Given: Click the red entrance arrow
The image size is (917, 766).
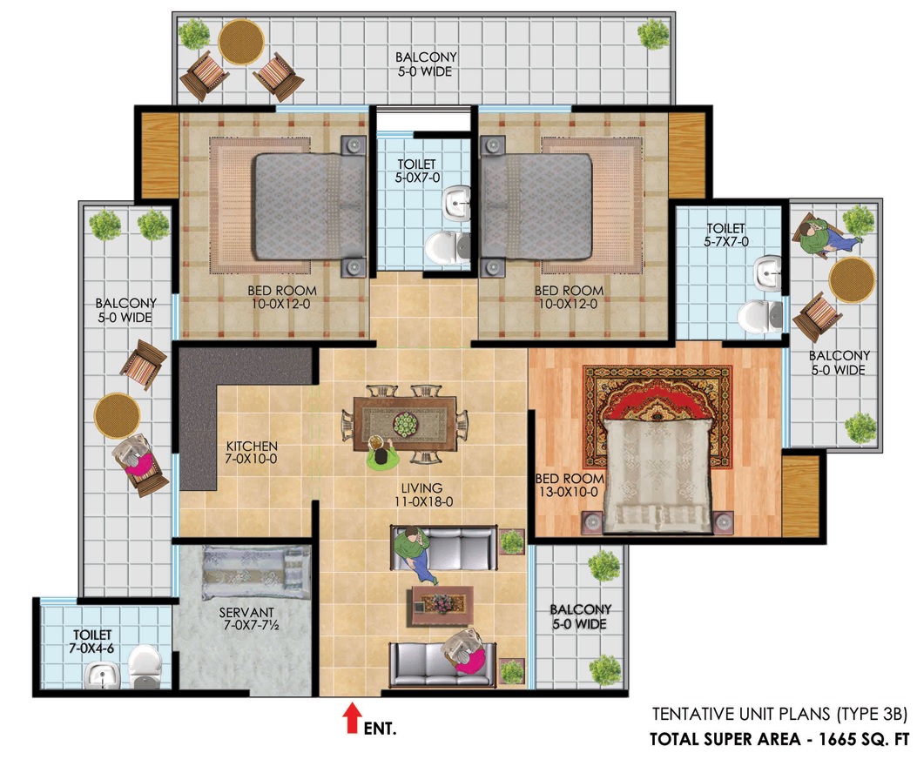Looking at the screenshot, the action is click(351, 717).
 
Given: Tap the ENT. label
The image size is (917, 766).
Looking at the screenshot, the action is click(381, 729).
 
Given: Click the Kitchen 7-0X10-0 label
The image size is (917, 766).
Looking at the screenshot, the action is click(251, 453).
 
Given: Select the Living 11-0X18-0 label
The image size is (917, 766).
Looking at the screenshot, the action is click(421, 494).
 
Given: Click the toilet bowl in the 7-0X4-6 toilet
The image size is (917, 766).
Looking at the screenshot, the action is click(144, 666).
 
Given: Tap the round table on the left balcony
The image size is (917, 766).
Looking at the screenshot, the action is click(118, 416).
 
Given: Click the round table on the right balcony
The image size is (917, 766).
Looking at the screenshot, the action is click(852, 280).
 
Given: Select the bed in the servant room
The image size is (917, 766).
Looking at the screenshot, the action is click(255, 573).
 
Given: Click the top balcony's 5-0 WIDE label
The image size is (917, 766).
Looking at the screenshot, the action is click(425, 72).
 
